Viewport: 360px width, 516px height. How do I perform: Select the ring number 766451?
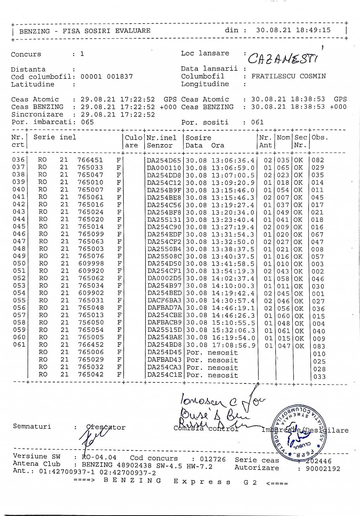point(90,160)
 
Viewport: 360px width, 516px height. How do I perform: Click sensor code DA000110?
point(164,168)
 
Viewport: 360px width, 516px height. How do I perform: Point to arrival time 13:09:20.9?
point(233,183)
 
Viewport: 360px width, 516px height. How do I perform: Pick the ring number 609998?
point(90,264)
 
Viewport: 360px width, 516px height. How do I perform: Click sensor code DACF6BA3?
point(164,301)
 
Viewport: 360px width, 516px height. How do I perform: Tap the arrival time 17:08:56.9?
point(233,346)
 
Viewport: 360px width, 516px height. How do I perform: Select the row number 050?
point(19,264)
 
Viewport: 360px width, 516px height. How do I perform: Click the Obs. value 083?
point(319,346)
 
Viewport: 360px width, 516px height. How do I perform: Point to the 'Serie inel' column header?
point(54,137)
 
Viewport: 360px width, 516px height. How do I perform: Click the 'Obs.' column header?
point(320,137)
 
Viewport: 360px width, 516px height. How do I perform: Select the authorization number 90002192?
point(323,469)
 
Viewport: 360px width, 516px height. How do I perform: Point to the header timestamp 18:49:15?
point(313,30)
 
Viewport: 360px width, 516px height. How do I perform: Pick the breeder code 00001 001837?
point(107,77)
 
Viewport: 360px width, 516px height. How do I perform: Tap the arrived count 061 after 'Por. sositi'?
point(257,122)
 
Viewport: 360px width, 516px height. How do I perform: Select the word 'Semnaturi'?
point(32,426)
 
